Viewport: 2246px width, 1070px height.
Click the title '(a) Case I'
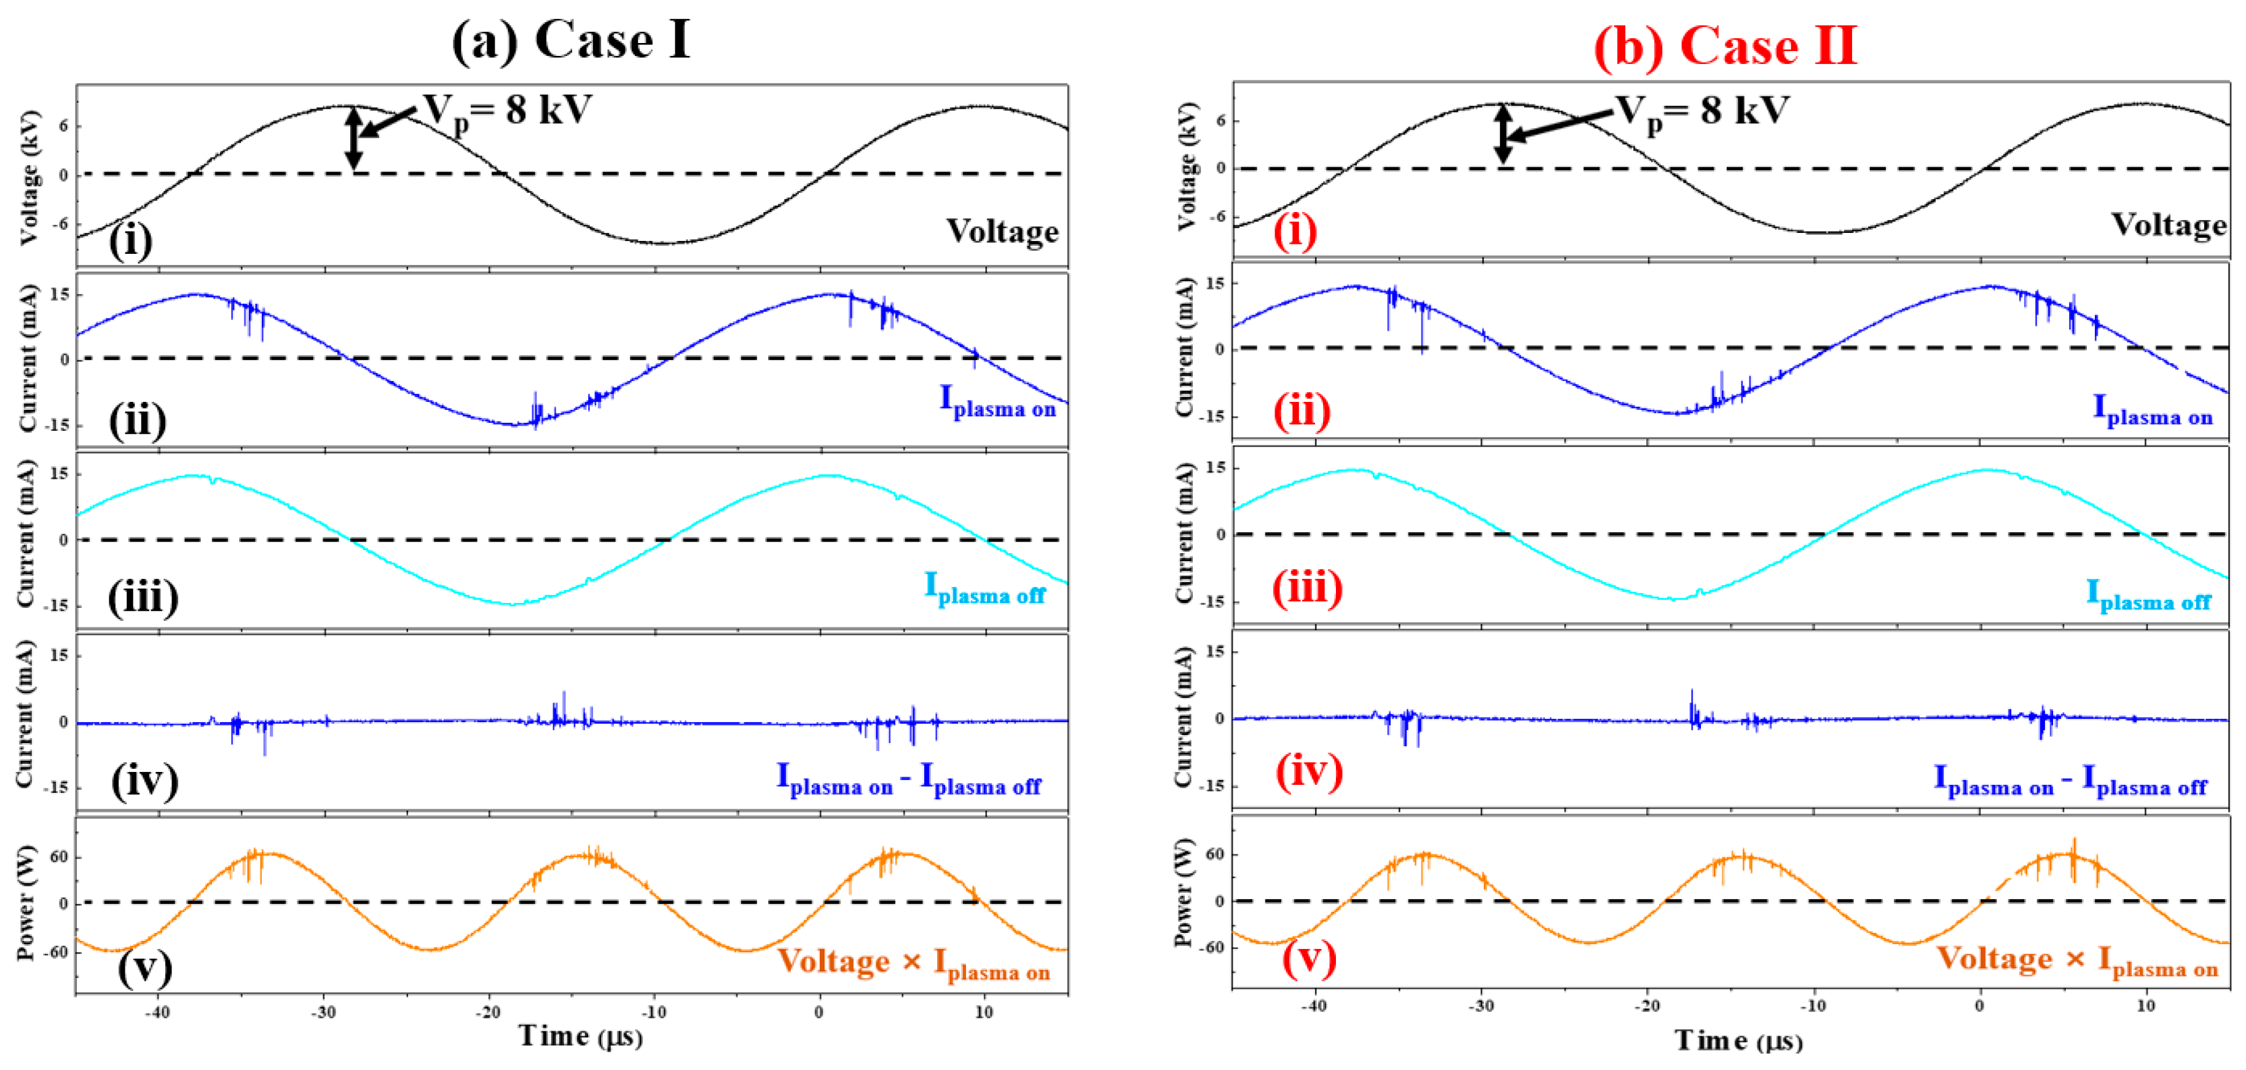click(x=571, y=40)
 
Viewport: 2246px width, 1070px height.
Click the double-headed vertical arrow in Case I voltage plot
click(x=353, y=138)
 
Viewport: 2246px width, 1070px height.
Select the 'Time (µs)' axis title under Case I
click(x=581, y=1036)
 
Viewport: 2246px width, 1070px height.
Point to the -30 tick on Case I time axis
click(x=323, y=1012)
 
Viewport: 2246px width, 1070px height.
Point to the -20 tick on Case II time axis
click(x=1646, y=1005)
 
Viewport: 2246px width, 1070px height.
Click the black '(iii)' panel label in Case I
click(x=143, y=598)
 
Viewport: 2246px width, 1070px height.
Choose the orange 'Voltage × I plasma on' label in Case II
click(x=2077, y=960)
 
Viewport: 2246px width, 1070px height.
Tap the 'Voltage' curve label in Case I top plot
click(x=1003, y=232)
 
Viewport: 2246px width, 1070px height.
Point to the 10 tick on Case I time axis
click(x=983, y=1012)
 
